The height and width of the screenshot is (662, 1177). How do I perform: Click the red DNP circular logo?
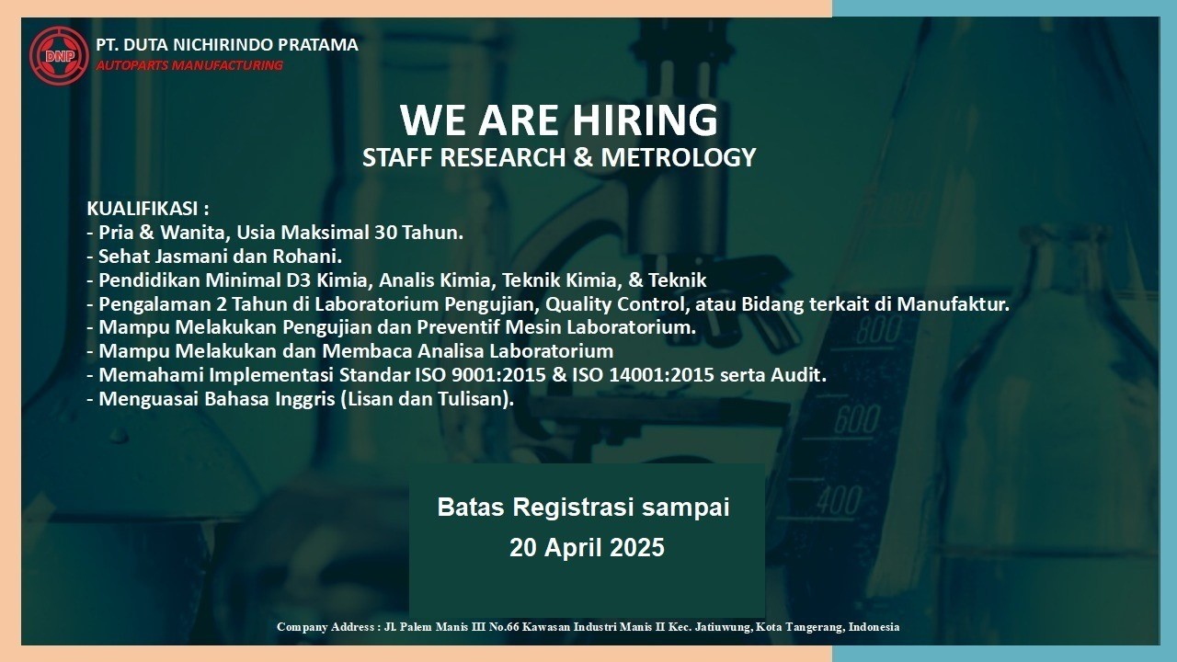(59, 55)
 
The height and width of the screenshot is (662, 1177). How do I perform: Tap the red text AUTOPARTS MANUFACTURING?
(189, 65)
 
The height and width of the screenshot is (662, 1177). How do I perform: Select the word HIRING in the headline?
(645, 120)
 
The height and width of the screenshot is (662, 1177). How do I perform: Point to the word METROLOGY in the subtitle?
(679, 157)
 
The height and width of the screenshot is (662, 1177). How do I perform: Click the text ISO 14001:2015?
(643, 375)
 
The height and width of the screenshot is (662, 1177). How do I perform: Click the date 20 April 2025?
(587, 547)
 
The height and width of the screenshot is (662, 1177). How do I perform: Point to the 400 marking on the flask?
(840, 499)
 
